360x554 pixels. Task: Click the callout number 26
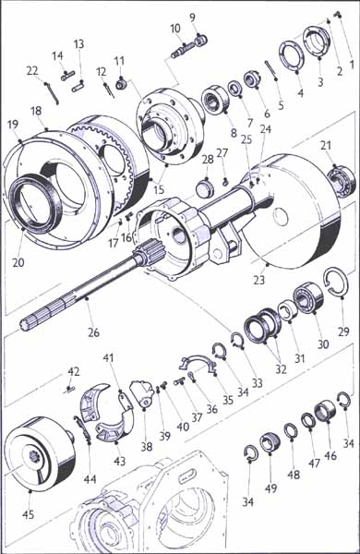tap(93, 332)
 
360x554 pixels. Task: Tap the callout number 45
tap(29, 513)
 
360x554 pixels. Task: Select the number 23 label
tap(259, 280)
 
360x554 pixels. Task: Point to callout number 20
tap(18, 262)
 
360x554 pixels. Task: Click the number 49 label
tap(271, 488)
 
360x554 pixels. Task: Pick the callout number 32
tap(281, 368)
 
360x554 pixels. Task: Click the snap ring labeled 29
tap(336, 282)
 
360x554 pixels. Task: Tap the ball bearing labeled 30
tap(307, 297)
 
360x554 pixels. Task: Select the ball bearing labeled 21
tap(342, 179)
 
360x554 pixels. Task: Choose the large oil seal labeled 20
tap(35, 200)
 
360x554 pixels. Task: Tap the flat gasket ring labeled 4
tap(293, 55)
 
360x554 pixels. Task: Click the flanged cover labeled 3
tap(318, 41)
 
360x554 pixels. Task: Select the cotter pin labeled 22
tap(53, 94)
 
